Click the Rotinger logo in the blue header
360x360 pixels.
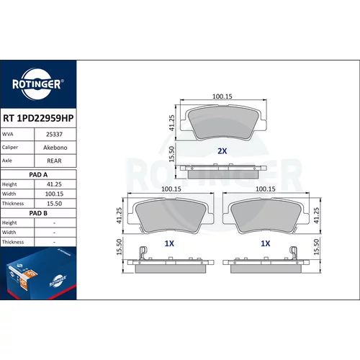pos(38,84)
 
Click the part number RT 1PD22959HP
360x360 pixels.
pos(38,118)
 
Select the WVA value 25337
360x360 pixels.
pos(54,135)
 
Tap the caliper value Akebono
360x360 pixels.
pos(55,148)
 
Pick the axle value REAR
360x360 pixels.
pos(54,161)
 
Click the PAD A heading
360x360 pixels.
pos(38,175)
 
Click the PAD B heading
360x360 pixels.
pos(38,213)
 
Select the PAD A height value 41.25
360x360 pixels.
pos(54,184)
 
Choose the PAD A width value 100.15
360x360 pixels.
pos(54,194)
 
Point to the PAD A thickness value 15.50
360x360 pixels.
pos(54,204)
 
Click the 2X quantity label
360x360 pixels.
pos(222,151)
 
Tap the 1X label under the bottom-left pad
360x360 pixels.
pos(169,243)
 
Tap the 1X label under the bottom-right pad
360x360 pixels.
pos(266,243)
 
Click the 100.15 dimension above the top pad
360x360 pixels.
pos(222,96)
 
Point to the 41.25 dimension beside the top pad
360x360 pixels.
pos(171,123)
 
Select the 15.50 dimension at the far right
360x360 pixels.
pos(316,247)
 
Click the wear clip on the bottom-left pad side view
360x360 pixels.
pos(143,253)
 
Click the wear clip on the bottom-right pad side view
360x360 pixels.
pos(293,253)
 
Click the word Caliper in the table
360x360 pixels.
pos(10,147)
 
